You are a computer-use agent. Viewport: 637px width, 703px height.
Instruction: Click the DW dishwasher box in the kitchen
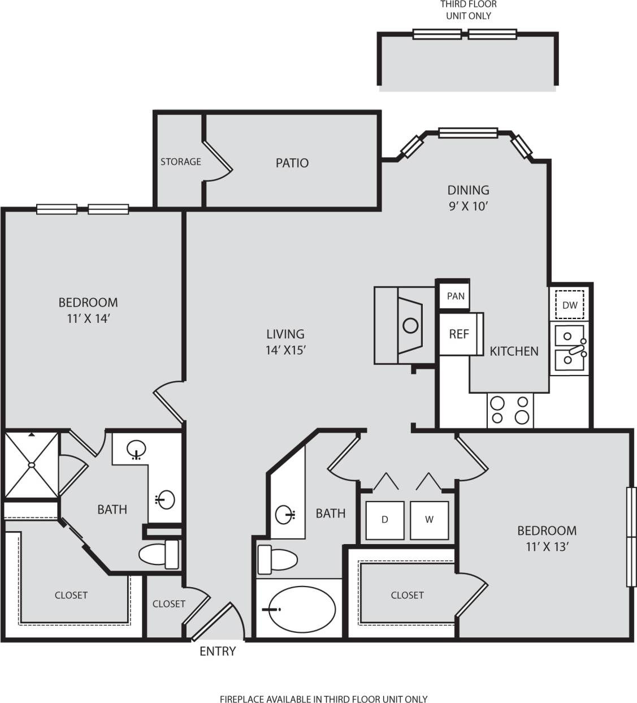point(570,305)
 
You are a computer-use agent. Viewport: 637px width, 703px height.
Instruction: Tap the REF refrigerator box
point(458,334)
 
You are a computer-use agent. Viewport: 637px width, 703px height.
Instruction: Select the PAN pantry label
point(456,296)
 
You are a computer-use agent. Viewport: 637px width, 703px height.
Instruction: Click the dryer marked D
point(385,520)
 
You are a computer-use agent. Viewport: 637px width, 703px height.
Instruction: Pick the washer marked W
point(429,520)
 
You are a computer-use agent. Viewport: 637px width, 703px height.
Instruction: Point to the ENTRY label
point(218,652)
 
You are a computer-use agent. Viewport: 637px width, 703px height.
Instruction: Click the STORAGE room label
point(180,162)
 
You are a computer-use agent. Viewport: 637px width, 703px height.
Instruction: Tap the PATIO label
point(292,163)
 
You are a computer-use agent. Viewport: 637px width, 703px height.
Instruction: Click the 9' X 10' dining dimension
point(468,206)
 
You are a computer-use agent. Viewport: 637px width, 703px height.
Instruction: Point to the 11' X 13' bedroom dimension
point(547,547)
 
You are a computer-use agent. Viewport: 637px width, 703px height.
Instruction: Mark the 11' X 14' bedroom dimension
point(88,318)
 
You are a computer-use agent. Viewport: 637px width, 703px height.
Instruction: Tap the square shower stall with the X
point(32,465)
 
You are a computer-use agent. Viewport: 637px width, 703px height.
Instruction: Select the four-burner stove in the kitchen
point(510,410)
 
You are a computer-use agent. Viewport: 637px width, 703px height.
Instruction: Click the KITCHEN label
point(514,351)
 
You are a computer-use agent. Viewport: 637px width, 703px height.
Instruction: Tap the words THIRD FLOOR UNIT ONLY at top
point(468,10)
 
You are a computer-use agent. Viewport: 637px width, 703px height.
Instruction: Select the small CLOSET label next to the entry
point(168,603)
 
